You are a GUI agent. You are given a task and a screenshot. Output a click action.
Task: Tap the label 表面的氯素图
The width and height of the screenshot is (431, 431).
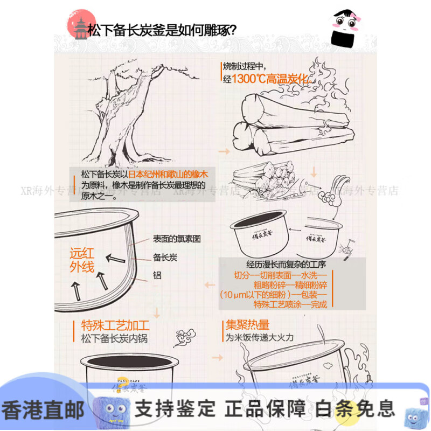click(x=177, y=238)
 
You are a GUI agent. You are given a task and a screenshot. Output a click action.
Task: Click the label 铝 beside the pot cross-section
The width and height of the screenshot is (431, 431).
click(x=157, y=275)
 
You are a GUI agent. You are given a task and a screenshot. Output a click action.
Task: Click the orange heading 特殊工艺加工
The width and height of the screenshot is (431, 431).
click(x=115, y=325)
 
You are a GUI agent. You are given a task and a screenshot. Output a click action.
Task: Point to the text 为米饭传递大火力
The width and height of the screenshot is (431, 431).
click(x=260, y=338)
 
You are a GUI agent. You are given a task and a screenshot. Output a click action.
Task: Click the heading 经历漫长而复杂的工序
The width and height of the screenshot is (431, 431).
click(x=289, y=264)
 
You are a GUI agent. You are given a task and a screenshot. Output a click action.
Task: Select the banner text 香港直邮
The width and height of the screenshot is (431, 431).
click(x=43, y=410)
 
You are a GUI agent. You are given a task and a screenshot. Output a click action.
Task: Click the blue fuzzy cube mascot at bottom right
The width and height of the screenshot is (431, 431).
click(x=412, y=411)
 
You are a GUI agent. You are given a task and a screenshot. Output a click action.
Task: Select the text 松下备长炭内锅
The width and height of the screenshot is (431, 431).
click(x=114, y=339)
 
